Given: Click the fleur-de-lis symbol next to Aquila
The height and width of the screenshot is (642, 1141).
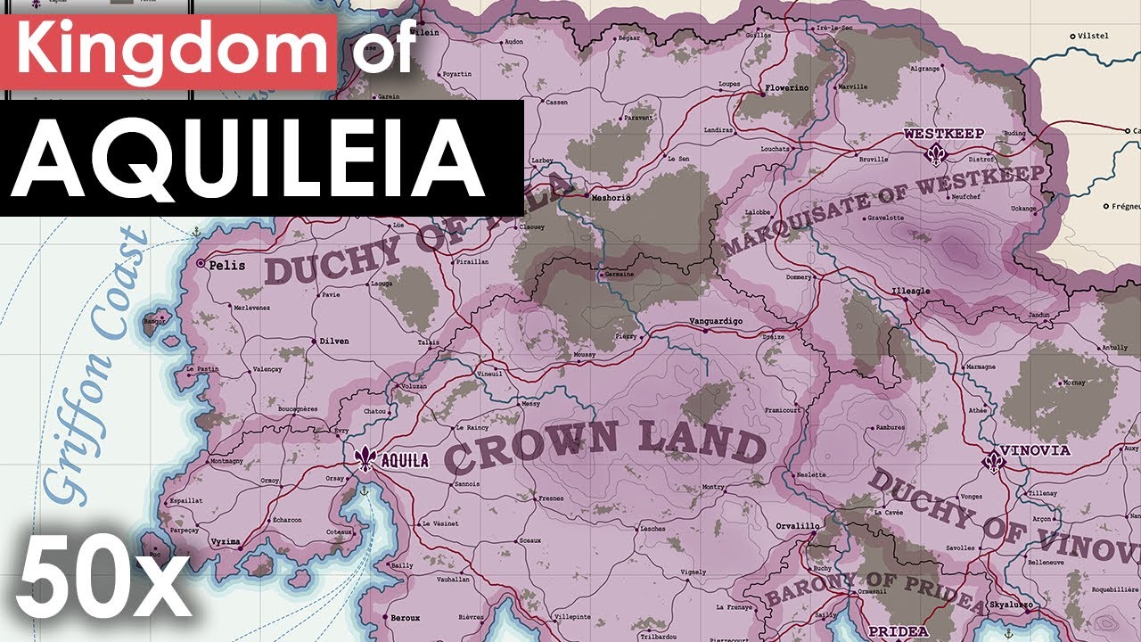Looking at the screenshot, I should [365, 459].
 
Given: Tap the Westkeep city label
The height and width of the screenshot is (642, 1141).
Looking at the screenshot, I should [944, 134].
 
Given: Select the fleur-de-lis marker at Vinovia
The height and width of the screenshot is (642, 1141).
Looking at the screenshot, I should [993, 462].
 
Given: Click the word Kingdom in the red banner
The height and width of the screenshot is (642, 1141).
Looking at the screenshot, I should [168, 53].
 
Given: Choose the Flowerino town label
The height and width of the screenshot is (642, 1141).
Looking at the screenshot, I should [784, 89].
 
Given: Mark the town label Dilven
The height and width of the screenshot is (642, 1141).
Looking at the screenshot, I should [334, 342].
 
